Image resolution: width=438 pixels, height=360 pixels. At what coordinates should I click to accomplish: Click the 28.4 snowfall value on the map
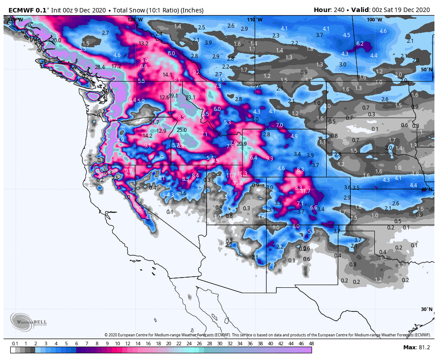(x=100, y=67)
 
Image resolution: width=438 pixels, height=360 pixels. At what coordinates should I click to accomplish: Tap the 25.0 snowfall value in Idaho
(x=182, y=130)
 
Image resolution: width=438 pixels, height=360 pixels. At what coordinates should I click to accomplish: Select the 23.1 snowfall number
(x=191, y=98)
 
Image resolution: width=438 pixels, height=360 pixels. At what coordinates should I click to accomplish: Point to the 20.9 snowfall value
(x=242, y=144)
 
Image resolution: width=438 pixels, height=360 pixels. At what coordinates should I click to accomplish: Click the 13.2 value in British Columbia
(x=143, y=44)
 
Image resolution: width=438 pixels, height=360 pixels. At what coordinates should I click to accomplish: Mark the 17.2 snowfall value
(x=116, y=66)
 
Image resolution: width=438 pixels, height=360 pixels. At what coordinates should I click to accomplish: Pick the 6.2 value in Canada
(x=360, y=44)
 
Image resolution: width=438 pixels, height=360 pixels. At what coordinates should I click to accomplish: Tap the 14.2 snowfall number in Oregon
(x=148, y=136)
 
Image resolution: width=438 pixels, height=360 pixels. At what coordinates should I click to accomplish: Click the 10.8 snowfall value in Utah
(x=238, y=183)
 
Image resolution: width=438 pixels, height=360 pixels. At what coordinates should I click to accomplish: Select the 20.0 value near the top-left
(x=56, y=41)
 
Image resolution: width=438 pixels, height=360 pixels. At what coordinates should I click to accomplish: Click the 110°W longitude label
(x=255, y=20)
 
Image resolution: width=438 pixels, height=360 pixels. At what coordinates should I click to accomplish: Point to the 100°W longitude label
(x=374, y=20)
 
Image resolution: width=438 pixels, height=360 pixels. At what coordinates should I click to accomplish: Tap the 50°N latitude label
(x=426, y=70)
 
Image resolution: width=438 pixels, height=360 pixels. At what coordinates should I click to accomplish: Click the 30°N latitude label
(x=426, y=309)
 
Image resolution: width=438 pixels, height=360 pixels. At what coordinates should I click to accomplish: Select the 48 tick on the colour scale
(x=311, y=344)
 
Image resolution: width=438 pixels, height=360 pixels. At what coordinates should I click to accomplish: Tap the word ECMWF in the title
(x=19, y=10)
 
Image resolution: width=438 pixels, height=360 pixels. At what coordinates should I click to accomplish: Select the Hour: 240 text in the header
(x=329, y=10)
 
